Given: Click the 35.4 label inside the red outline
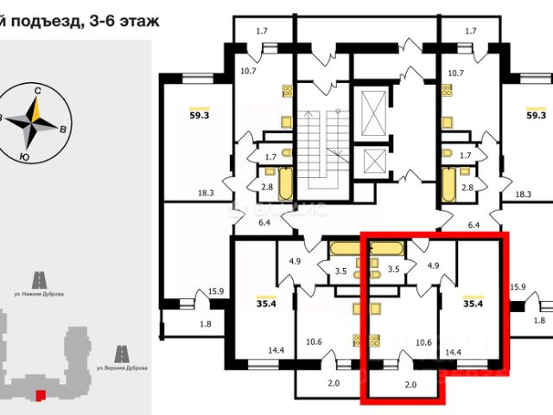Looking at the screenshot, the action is tap(473, 303).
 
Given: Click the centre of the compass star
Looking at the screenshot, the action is tap(34, 123).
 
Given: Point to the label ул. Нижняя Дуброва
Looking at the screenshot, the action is tap(38, 294).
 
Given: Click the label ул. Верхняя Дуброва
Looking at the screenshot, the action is tap(121, 369).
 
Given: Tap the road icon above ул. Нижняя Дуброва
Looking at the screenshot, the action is tap(38, 279).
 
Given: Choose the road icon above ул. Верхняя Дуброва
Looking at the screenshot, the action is tap(121, 354).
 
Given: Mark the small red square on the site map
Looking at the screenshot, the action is tap(38, 396).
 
